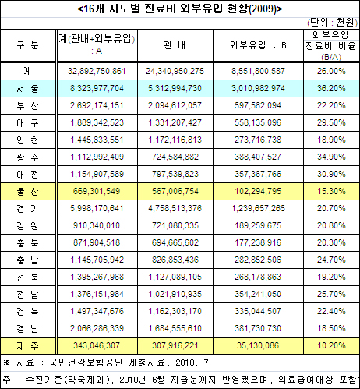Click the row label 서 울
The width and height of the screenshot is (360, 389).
27,89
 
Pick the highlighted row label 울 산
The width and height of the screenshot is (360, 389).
27,190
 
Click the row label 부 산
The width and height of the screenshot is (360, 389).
27,105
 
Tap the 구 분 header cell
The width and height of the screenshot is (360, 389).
27,44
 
